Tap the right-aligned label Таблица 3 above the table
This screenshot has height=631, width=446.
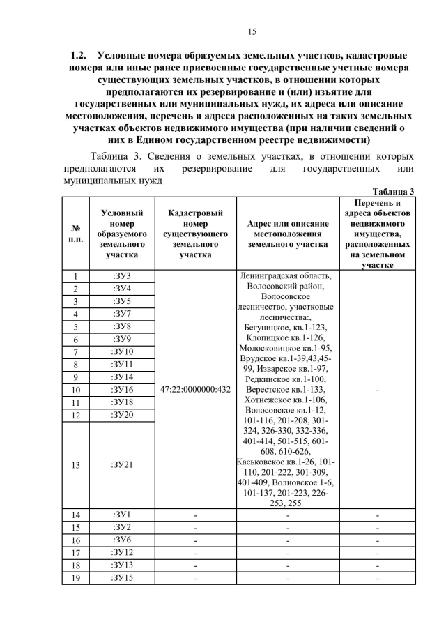pyautogui.click(x=394, y=191)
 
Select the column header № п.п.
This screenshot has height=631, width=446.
pyautogui.click(x=75, y=233)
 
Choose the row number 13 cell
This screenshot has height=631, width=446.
pyautogui.click(x=75, y=464)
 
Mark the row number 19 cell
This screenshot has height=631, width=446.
pyautogui.click(x=75, y=577)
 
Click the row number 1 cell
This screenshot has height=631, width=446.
pyautogui.click(x=75, y=276)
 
